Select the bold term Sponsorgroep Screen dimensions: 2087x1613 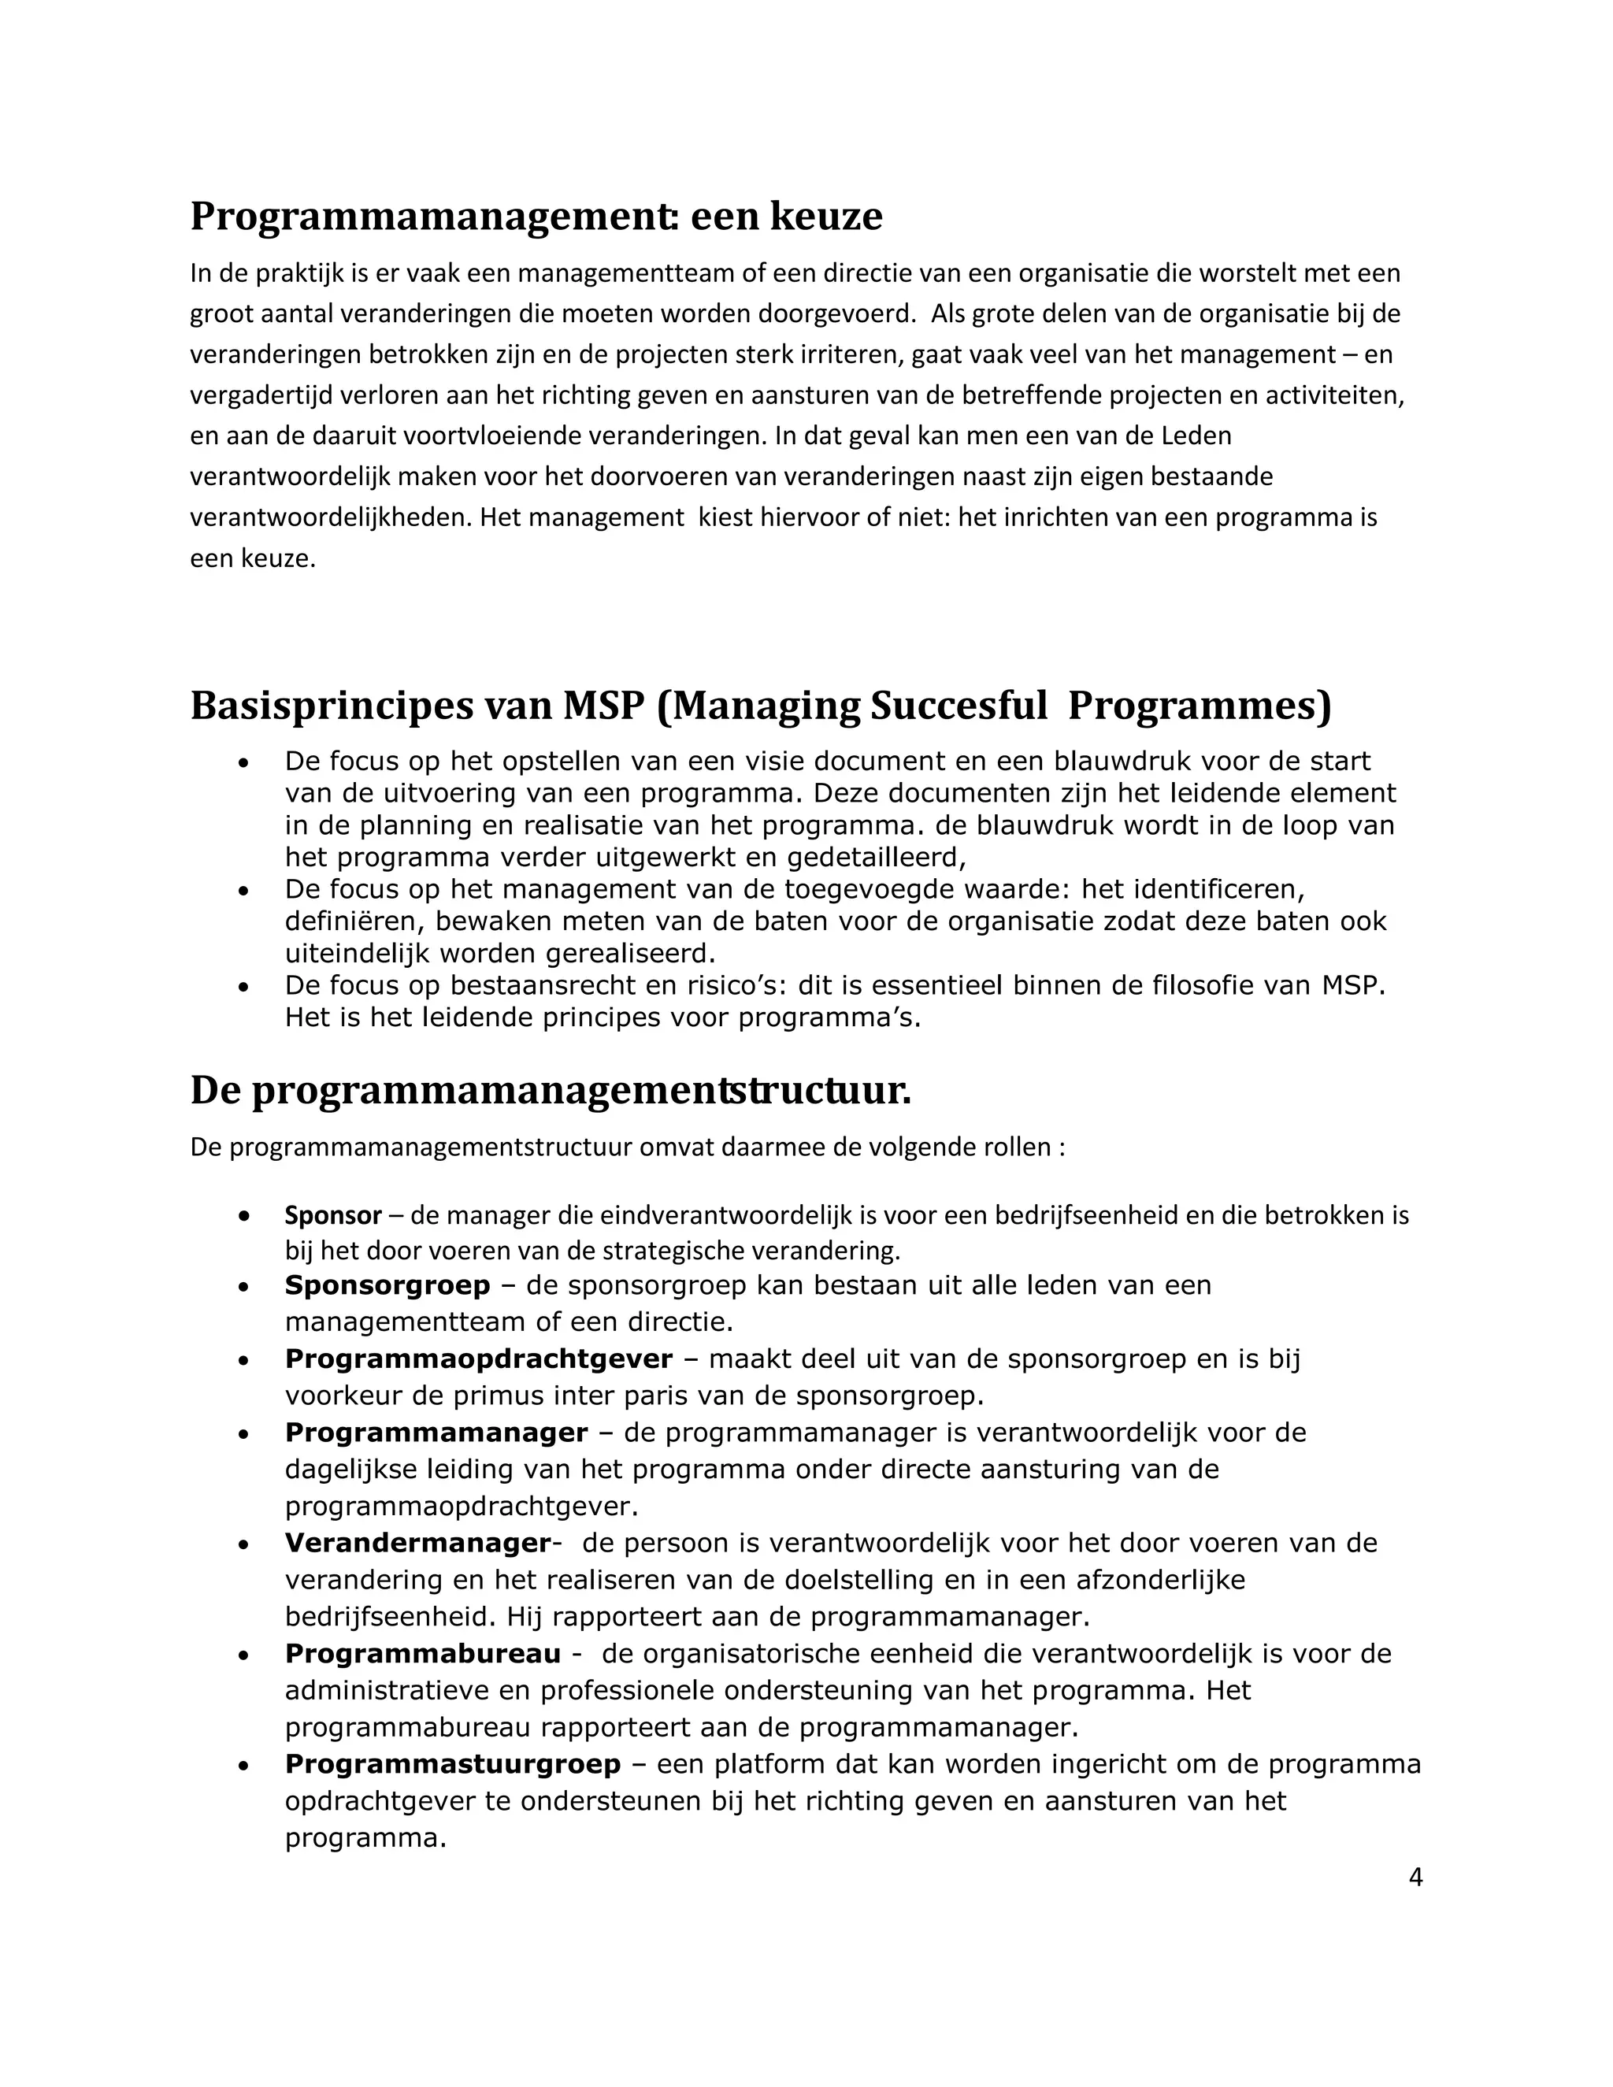click(387, 1285)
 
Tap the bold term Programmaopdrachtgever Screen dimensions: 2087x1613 click(478, 1359)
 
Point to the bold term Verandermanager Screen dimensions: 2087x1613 click(417, 1544)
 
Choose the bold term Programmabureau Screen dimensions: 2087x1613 click(422, 1654)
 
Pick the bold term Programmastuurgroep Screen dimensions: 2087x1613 click(452, 1764)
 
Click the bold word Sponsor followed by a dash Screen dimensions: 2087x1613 click(332, 1215)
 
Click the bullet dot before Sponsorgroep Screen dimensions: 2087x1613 click(245, 1287)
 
